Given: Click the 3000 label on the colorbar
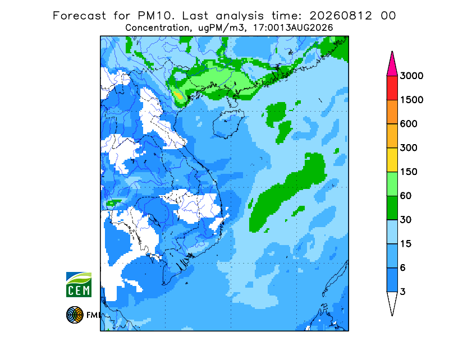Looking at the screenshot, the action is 411,76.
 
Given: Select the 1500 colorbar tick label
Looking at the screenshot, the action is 411,100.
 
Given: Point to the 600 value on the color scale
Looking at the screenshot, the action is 409,124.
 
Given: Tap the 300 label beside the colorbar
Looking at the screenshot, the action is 409,148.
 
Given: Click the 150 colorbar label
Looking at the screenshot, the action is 409,172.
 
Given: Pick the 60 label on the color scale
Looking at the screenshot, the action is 406,196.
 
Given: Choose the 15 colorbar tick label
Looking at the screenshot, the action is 406,244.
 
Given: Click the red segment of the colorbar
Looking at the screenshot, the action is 392,88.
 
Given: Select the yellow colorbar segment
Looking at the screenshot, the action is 392,160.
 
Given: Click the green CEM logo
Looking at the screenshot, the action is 79,284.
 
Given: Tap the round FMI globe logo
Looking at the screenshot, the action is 75,315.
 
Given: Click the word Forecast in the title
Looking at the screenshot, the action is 79,16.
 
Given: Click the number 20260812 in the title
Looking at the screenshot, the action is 341,16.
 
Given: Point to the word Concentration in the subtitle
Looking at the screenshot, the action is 158,28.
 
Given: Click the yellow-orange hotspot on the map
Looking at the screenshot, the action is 178,95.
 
